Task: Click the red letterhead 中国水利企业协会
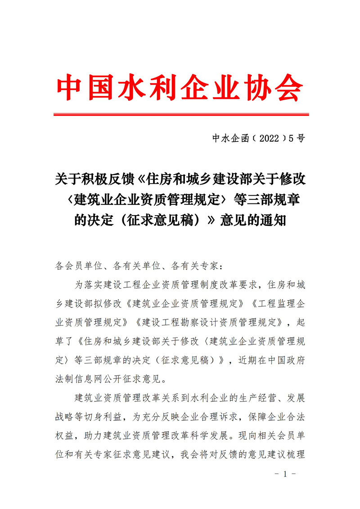pos(180,87)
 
